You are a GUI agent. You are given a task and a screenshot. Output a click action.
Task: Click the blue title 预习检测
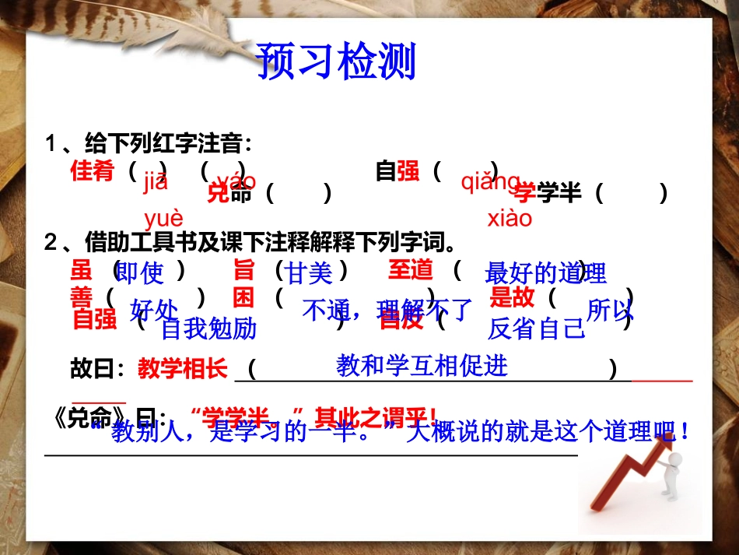[x=336, y=61]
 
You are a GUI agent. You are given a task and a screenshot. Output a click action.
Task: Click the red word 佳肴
[x=93, y=170]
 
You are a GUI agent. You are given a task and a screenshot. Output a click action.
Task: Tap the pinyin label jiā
[x=156, y=183]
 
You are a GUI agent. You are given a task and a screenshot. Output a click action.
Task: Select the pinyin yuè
[x=163, y=218]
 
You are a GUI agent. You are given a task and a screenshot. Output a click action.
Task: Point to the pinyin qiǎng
[x=490, y=181]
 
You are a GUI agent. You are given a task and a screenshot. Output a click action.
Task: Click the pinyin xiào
[x=510, y=218]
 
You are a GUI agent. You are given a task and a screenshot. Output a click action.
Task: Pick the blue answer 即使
[x=141, y=273]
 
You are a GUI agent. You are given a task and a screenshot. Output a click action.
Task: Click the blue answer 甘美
[x=310, y=273]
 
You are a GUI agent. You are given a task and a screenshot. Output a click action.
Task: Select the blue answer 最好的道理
[x=545, y=273]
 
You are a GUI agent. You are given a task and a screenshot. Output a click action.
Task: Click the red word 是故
[x=512, y=297]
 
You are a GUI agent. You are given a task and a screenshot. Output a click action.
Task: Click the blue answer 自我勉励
[x=208, y=329]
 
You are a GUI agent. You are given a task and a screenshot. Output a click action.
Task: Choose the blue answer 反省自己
[x=536, y=329]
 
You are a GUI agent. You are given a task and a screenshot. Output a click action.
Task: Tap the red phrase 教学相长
[x=183, y=369]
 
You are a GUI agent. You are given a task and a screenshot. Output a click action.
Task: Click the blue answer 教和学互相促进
[x=422, y=365]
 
